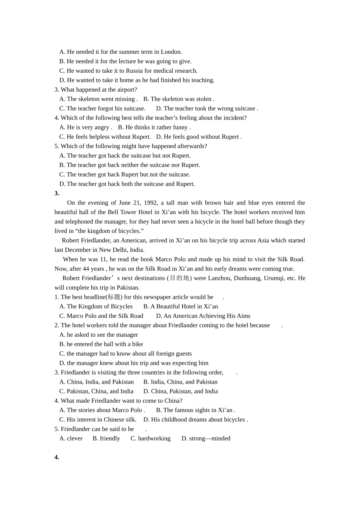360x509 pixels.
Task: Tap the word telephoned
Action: click(79, 222)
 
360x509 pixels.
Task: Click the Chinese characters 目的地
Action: click(179, 278)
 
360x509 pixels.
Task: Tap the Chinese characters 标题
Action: click(114, 297)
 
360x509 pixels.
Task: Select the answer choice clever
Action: click(75, 439)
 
